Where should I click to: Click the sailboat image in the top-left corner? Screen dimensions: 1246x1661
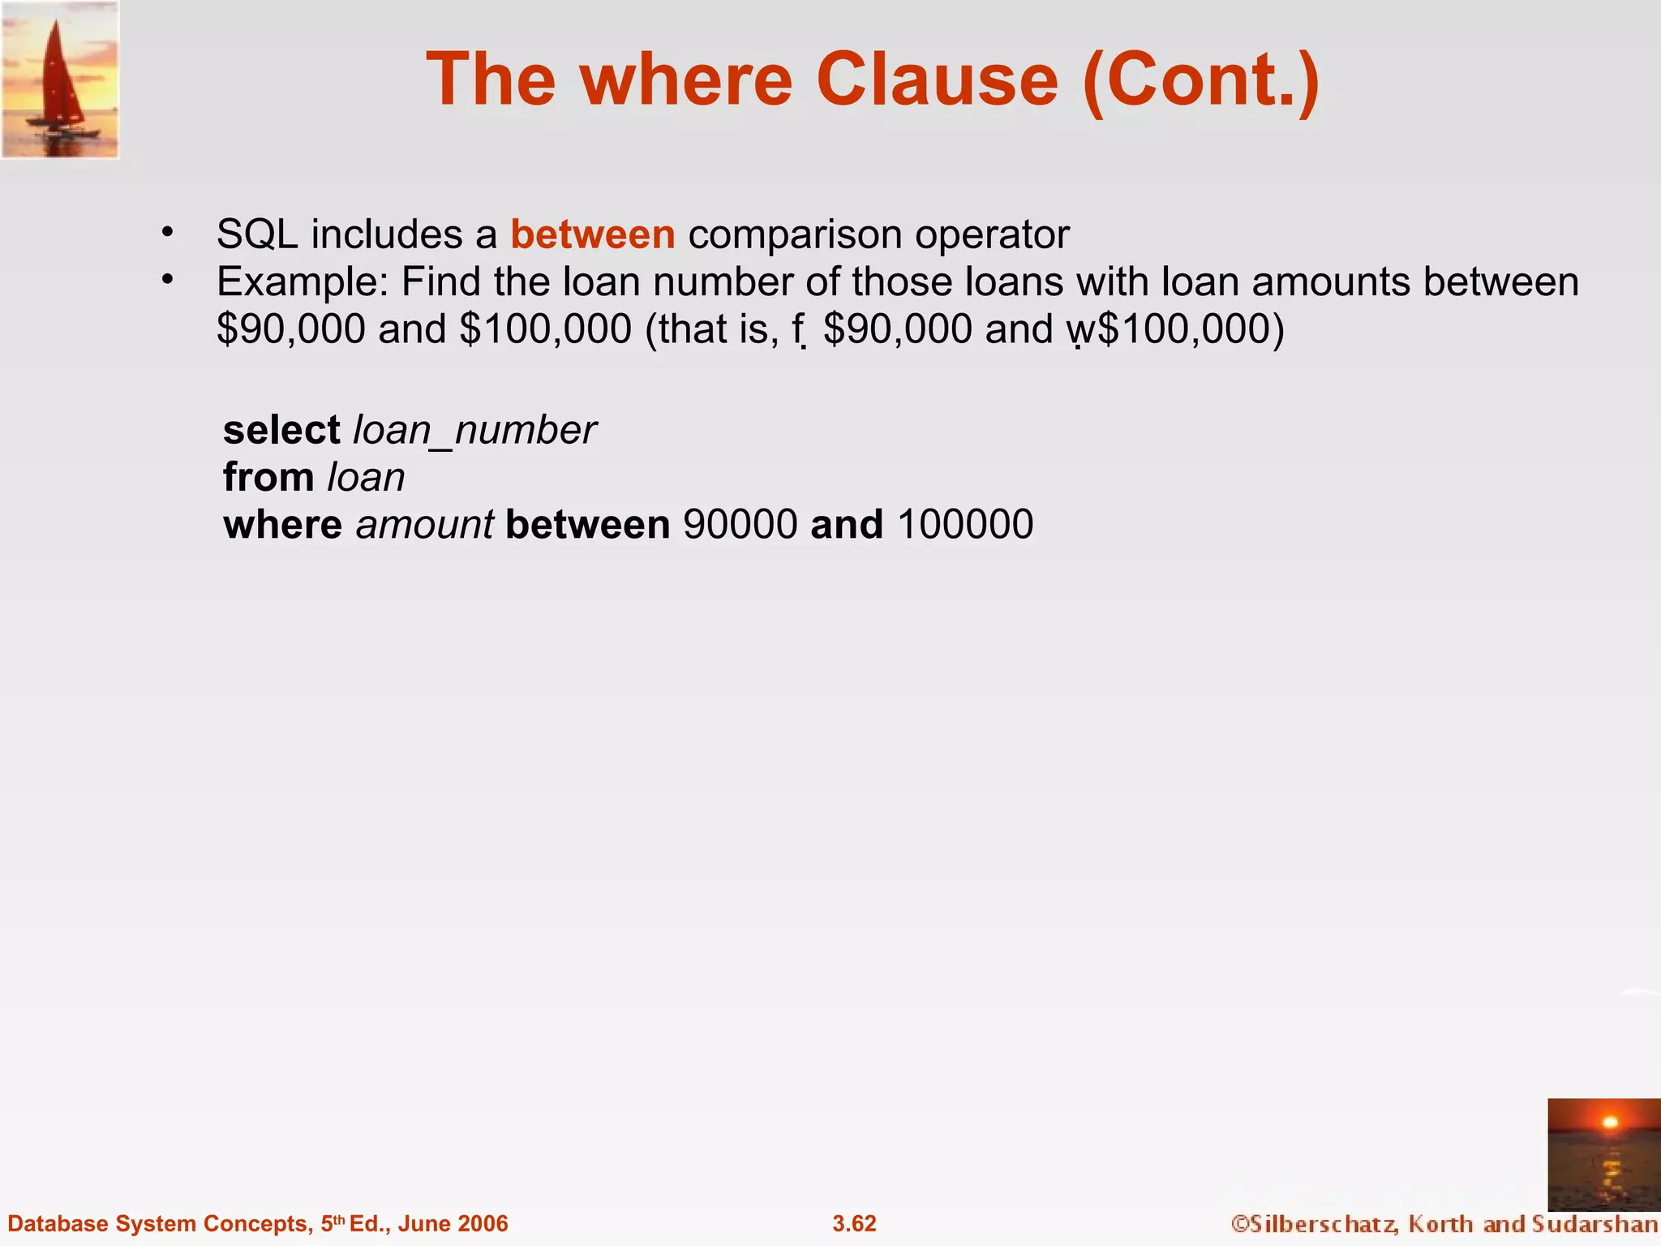[x=60, y=79]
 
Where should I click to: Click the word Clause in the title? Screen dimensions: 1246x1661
[x=937, y=79]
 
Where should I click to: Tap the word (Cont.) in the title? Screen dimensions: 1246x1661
[x=1200, y=81]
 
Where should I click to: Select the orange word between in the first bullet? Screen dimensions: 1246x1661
[x=592, y=235]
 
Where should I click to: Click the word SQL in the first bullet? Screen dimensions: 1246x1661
[x=257, y=235]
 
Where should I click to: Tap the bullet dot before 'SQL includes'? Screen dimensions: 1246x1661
[x=168, y=233]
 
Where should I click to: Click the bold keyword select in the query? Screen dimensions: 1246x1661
[x=281, y=430]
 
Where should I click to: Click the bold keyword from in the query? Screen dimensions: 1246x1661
[x=268, y=477]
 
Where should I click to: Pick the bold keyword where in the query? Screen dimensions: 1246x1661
[x=282, y=524]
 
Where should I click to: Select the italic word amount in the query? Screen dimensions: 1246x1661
[x=424, y=525]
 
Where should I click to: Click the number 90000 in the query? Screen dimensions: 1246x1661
[x=740, y=525]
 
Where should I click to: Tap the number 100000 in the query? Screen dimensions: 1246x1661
[x=965, y=525]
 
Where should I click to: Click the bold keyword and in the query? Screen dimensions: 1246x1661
[x=847, y=524]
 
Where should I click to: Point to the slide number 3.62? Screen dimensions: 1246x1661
[x=854, y=1223]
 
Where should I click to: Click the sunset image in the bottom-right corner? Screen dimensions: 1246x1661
[x=1603, y=1154]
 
